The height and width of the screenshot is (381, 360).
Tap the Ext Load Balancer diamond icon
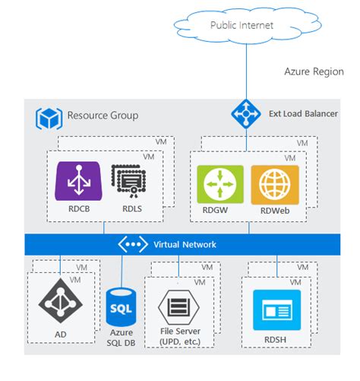click(247, 114)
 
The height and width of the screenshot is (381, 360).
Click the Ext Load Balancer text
click(303, 114)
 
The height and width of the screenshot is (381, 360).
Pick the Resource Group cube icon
click(48, 119)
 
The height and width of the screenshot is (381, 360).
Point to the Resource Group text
click(103, 116)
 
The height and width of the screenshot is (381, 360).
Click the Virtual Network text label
click(185, 244)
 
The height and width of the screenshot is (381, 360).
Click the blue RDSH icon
click(276, 308)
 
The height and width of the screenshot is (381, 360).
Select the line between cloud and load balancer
click(247, 72)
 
